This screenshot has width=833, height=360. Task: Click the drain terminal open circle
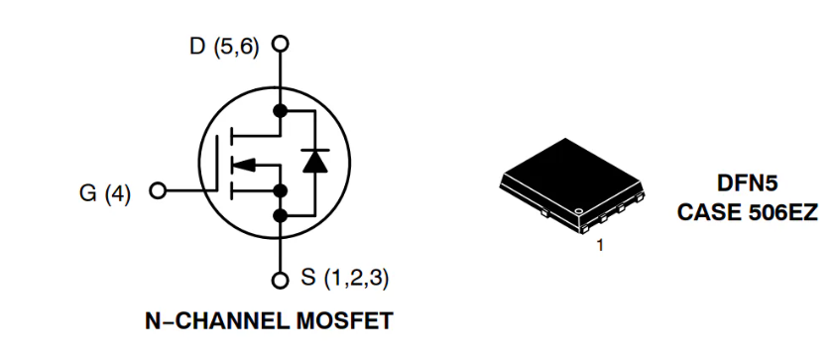pos(281,45)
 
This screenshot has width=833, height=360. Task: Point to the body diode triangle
pos(315,162)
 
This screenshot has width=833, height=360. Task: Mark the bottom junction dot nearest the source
pos(281,213)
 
